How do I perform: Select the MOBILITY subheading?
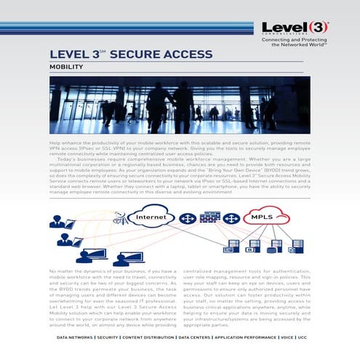click(x=66, y=67)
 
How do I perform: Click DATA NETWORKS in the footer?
click(x=74, y=337)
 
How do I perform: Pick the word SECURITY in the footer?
click(x=108, y=337)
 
